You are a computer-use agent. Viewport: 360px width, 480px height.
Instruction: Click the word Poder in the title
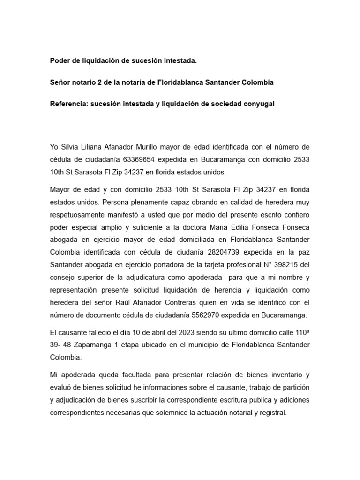[60, 60]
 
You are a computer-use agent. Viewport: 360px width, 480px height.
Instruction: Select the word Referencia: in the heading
[69, 104]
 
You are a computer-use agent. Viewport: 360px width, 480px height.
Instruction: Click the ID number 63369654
[144, 160]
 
